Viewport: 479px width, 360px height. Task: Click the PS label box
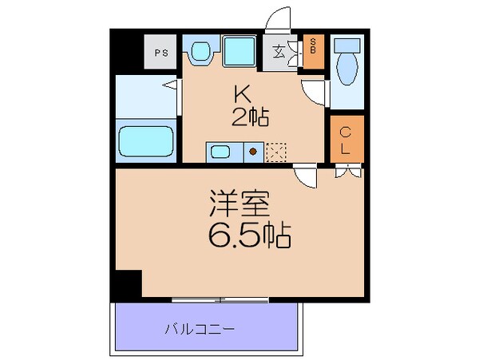point(161,53)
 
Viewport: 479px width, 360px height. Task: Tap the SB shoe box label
point(314,45)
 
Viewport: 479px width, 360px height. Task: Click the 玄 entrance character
point(280,53)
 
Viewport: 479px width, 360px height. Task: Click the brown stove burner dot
point(252,150)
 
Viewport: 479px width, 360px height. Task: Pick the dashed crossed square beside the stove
point(275,150)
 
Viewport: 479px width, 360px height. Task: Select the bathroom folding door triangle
point(171,82)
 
